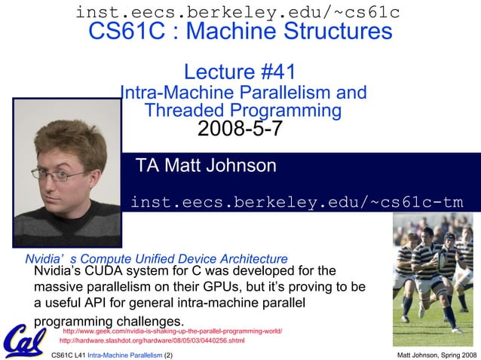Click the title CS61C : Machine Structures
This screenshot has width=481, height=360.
point(240,32)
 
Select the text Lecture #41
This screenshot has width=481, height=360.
point(240,72)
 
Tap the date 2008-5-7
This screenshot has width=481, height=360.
point(240,129)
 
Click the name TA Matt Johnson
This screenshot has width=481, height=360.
point(205,166)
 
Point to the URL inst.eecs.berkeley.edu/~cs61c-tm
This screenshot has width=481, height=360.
point(297,202)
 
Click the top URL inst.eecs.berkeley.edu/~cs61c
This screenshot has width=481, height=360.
point(237,11)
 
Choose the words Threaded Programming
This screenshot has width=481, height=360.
point(243,110)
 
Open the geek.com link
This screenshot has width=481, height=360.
point(172,331)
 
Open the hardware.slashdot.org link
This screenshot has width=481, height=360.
point(152,340)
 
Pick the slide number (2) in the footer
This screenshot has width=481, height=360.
point(168,354)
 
